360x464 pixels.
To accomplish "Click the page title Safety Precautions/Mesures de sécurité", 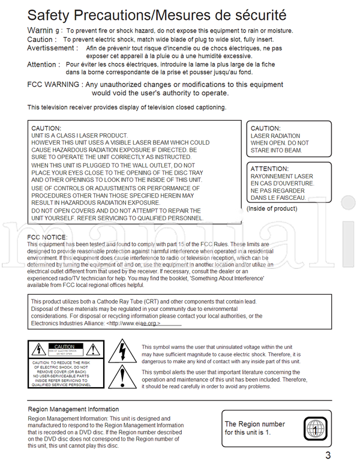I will (157, 14).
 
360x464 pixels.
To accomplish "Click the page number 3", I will (328, 455).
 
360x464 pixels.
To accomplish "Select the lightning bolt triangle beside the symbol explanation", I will (122, 352).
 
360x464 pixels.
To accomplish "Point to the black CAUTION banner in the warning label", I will (64, 346).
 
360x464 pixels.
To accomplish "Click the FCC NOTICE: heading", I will (47, 237).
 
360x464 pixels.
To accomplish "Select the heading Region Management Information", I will (73, 409).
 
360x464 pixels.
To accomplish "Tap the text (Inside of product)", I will (272, 209).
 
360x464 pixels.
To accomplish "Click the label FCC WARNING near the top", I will (53, 85).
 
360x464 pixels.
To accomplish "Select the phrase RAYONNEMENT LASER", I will (281, 176).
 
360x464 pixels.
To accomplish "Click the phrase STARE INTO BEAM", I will (276, 150).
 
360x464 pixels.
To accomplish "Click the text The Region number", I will (254, 424).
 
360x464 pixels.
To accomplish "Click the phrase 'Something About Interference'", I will (220, 279).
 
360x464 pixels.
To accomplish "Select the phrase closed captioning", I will (200, 107).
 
